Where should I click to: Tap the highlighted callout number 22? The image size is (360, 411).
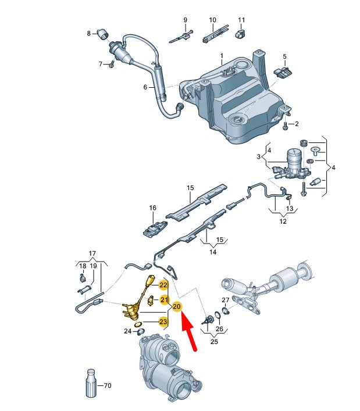163,285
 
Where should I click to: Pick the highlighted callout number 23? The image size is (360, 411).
163,321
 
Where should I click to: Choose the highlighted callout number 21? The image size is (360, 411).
163,300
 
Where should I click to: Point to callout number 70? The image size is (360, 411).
107,385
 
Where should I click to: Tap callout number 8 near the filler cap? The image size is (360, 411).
89,34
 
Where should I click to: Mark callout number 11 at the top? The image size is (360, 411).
241,20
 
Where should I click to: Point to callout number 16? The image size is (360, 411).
152,208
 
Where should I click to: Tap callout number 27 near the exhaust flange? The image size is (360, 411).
226,300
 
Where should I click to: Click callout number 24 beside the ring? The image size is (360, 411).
128,331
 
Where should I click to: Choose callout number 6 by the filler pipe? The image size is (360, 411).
146,88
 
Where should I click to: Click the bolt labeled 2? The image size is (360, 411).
285,125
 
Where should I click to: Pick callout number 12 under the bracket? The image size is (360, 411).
283,221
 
